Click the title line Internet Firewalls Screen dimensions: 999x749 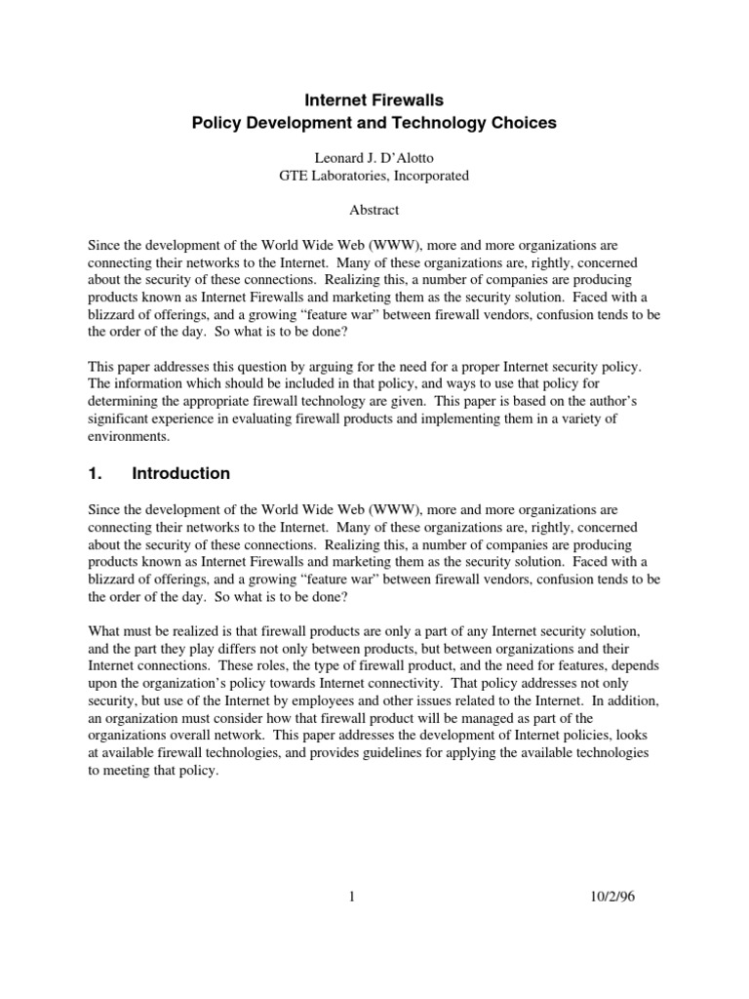[374, 100]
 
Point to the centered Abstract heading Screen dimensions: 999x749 [374, 210]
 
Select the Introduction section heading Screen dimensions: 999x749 [181, 473]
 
